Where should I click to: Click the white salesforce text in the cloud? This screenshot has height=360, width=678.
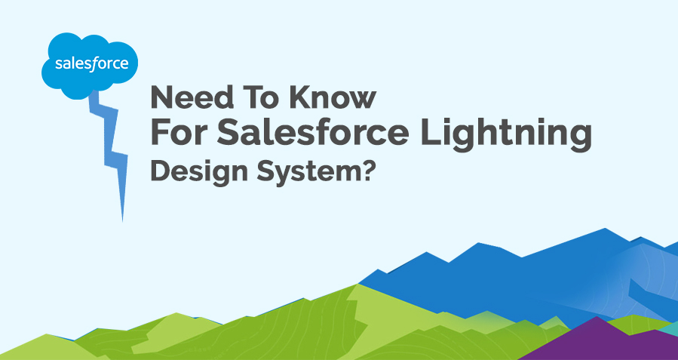click(92, 64)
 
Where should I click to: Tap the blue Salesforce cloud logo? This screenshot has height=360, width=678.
click(90, 66)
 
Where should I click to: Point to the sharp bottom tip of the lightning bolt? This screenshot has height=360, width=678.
click(122, 221)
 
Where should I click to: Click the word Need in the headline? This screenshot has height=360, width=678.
click(192, 97)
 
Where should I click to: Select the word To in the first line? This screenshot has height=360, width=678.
click(262, 97)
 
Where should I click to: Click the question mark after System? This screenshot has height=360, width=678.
click(367, 171)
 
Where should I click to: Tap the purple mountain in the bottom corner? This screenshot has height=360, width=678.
click(601, 342)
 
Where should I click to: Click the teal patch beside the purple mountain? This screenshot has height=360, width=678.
click(670, 328)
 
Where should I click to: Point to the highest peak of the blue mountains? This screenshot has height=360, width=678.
click(605, 229)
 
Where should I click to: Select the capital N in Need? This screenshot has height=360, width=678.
click(161, 97)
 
